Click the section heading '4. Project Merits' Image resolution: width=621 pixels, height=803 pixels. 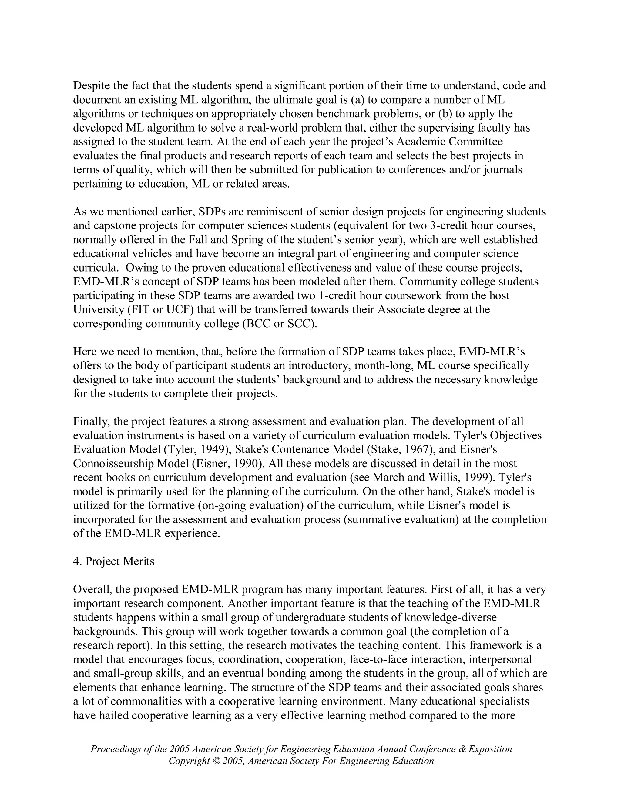pos(114,561)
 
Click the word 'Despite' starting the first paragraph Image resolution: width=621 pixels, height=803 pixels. pos(91,86)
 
